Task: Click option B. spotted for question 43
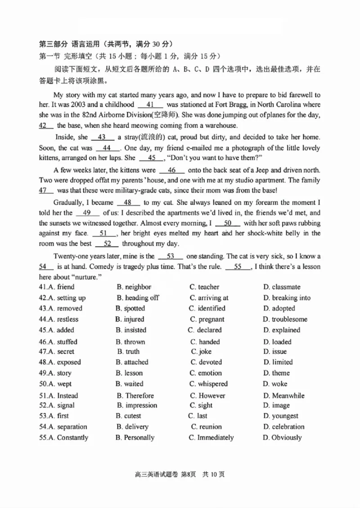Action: [130, 309]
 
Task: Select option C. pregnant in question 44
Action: [207, 319]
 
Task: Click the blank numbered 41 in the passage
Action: [151, 104]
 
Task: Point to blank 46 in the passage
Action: [171, 171]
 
